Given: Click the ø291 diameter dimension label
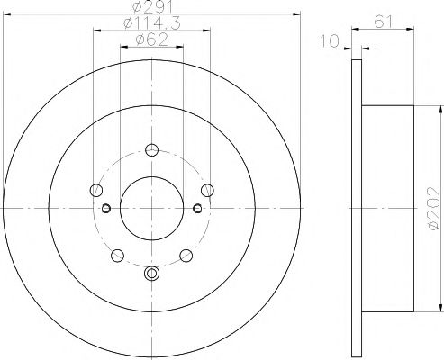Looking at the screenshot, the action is pyautogui.click(x=152, y=6).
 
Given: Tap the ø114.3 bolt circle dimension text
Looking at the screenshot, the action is pyautogui.click(x=152, y=23).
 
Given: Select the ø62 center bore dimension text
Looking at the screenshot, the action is pyautogui.click(x=152, y=40).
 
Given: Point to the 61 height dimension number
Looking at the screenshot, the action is pyautogui.click(x=384, y=22).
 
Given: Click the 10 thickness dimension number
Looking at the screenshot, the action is pyautogui.click(x=330, y=41).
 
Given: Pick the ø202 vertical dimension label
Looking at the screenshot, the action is pyautogui.click(x=433, y=209).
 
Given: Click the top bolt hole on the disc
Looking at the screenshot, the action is pyautogui.click(x=151, y=150).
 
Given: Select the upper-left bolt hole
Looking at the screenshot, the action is pyautogui.click(x=96, y=190).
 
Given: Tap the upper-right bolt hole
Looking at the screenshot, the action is pyautogui.click(x=207, y=190).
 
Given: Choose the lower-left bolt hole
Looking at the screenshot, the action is pyautogui.click(x=117, y=256).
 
